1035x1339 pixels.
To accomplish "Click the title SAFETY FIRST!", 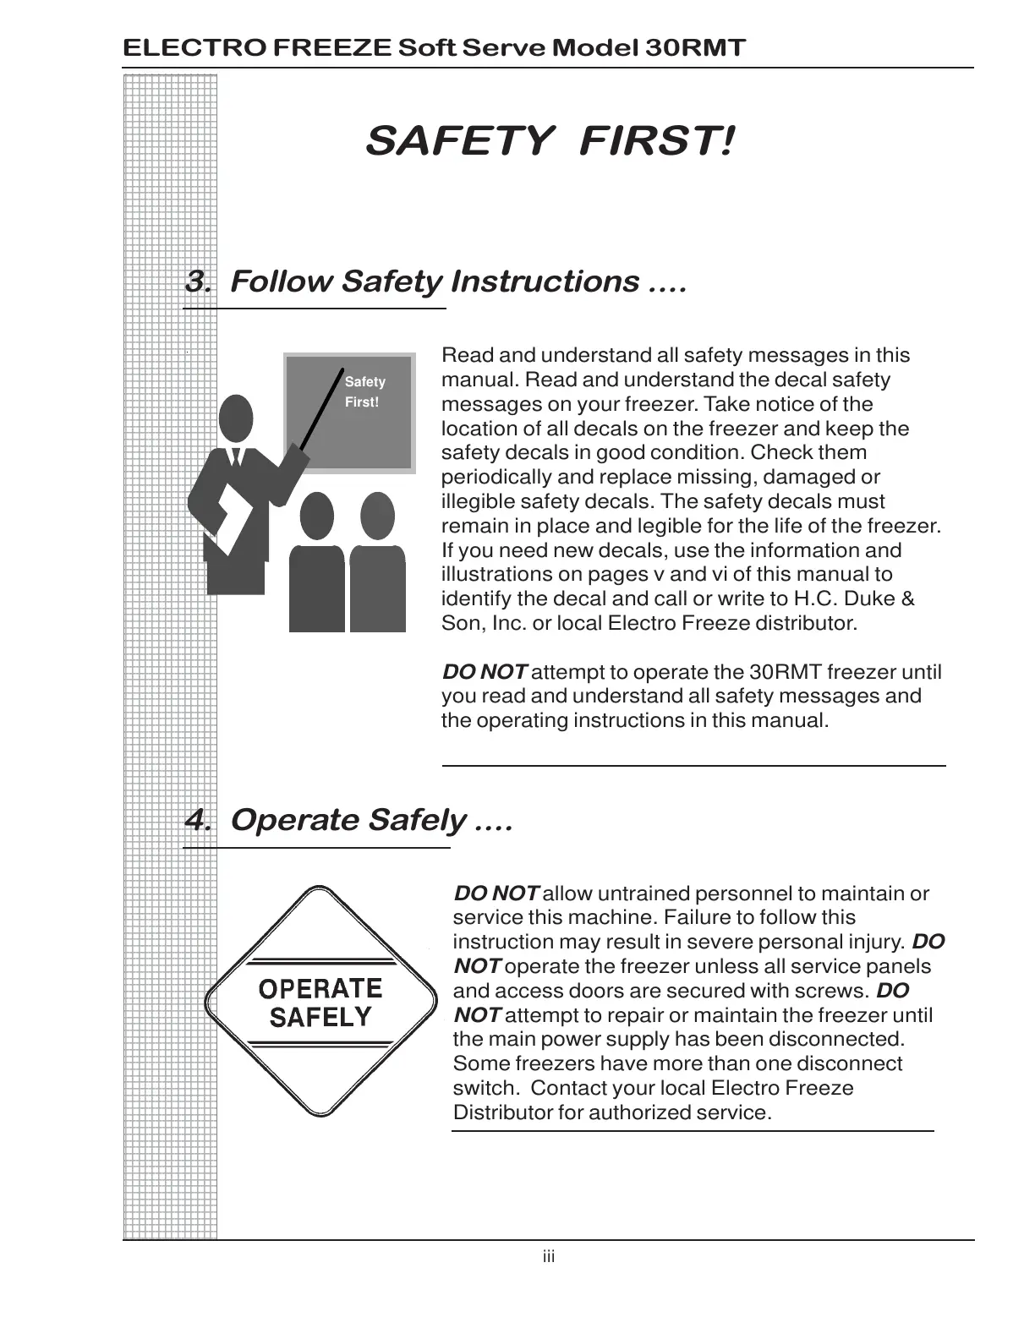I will point(550,140).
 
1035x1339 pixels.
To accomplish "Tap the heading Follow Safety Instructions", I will point(457,281).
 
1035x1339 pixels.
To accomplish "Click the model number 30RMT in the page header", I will point(695,47).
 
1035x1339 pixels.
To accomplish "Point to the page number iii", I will point(549,1257).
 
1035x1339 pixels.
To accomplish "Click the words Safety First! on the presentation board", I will point(364,392).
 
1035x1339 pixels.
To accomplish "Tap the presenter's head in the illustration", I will point(236,418).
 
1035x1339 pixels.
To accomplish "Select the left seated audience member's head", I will point(317,516).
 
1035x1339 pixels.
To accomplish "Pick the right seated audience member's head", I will point(377,516).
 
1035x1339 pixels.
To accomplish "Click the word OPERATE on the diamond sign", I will point(320,989).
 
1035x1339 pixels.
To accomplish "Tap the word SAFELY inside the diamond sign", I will point(320,1018).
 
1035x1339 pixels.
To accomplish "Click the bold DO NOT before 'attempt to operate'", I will point(485,673).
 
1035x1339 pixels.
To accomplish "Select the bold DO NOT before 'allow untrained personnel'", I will point(496,894).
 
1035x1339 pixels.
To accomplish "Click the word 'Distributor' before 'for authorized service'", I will point(502,1112).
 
